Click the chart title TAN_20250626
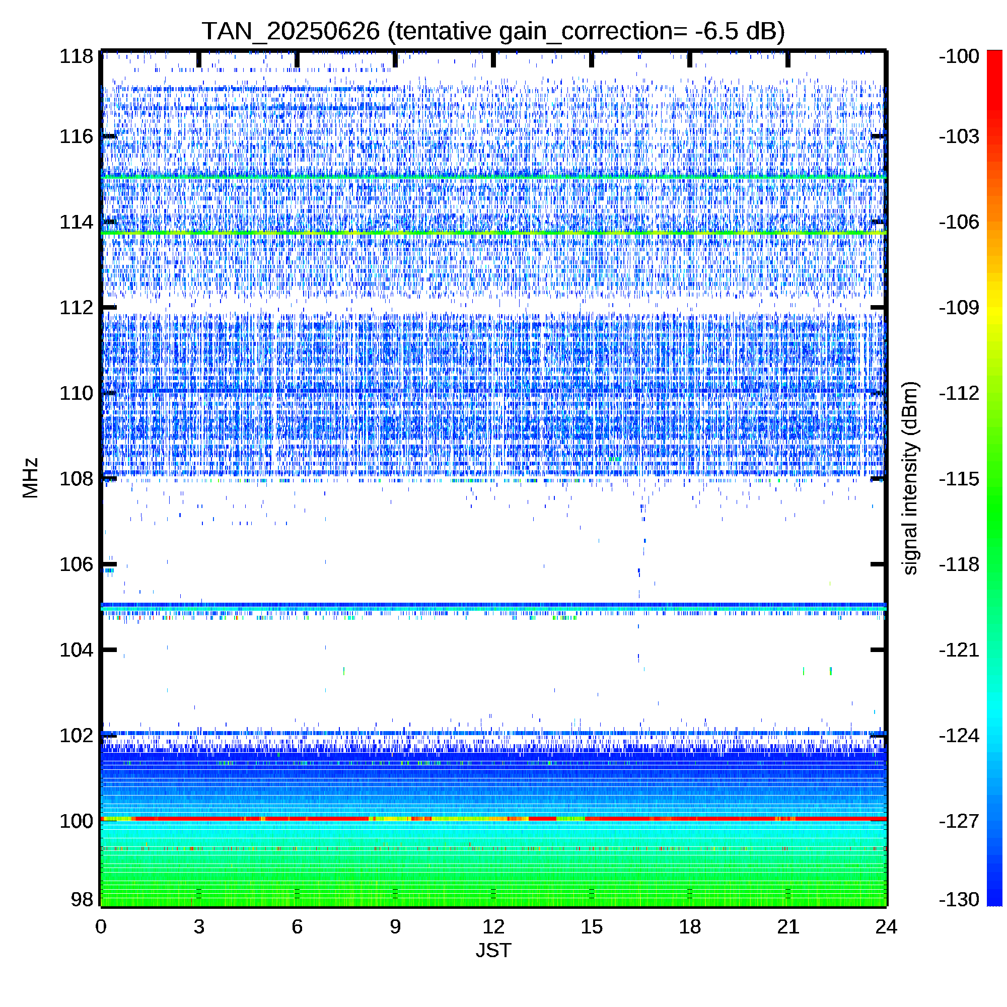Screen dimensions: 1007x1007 [x=291, y=32]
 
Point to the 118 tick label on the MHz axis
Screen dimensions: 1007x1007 [x=76, y=56]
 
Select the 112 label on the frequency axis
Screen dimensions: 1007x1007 [x=76, y=308]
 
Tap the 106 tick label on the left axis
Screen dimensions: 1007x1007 [x=76, y=564]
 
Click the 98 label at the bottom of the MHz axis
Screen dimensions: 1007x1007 [x=82, y=899]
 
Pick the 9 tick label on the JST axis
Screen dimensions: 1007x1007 [x=395, y=927]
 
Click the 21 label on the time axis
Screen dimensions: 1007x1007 [x=788, y=927]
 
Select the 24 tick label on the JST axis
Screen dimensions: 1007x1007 [x=886, y=927]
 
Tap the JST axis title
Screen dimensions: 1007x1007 [x=493, y=950]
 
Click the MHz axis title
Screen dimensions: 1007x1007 [x=31, y=478]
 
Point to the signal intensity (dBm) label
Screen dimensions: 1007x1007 [x=910, y=478]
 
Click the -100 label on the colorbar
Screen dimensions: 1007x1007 [x=959, y=56]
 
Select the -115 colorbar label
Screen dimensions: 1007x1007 [x=959, y=478]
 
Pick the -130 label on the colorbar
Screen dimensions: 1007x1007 [x=959, y=899]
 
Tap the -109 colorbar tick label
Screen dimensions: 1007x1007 [x=959, y=308]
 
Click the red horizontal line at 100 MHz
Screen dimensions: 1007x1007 [x=493, y=819]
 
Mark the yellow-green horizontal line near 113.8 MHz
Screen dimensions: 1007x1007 [x=493, y=233]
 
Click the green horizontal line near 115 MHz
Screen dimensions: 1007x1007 [x=493, y=177]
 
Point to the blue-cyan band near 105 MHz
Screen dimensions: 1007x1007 [x=493, y=607]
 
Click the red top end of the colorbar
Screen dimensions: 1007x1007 [x=994, y=52]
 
